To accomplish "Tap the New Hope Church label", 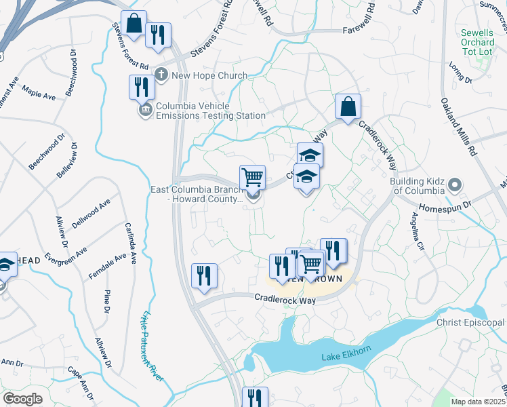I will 209,75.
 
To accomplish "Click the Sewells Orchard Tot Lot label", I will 477,42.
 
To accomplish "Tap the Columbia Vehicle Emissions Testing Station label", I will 211,111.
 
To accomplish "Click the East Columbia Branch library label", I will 197,194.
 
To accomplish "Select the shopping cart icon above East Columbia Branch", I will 252,178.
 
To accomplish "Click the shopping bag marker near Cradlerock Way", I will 348,107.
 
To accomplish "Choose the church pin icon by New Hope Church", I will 161,75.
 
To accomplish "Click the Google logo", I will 23,398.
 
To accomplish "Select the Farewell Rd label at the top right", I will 363,31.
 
